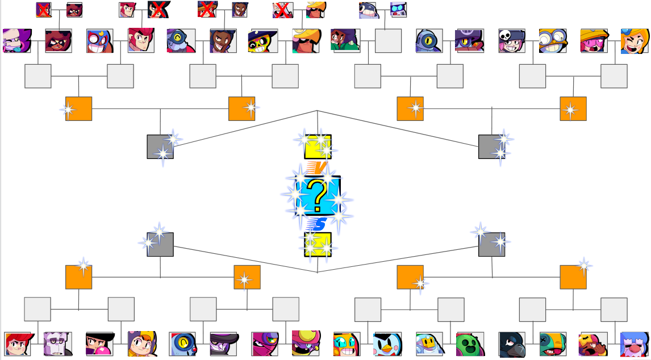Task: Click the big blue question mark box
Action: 318,195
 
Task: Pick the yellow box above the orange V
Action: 318,146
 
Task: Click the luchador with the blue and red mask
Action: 99,41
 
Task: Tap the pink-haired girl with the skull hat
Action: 512,41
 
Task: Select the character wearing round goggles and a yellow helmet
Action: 553,41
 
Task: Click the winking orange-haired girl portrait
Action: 634,41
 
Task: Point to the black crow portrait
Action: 512,344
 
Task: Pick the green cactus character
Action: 470,344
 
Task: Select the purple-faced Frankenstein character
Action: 57,344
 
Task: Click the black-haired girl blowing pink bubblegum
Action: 99,344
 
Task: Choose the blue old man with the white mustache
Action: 634,344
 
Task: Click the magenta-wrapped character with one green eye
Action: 264,344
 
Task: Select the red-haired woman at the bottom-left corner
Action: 17,344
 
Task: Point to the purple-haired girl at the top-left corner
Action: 17,41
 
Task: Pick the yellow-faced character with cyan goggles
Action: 347,344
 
